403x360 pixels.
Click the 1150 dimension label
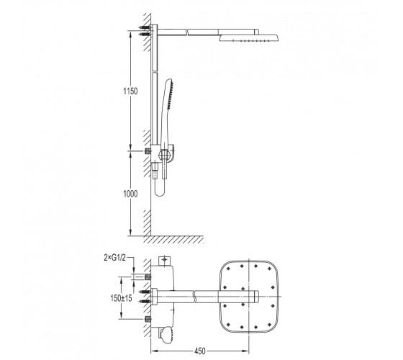[x=130, y=91]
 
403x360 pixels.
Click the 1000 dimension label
[x=130, y=194]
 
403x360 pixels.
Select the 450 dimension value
[x=200, y=351]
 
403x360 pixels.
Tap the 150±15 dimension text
[x=122, y=298]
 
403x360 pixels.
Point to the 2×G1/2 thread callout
[x=115, y=258]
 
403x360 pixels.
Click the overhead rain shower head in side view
[x=249, y=37]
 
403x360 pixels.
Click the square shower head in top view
[x=249, y=297]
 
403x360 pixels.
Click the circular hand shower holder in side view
[x=164, y=155]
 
